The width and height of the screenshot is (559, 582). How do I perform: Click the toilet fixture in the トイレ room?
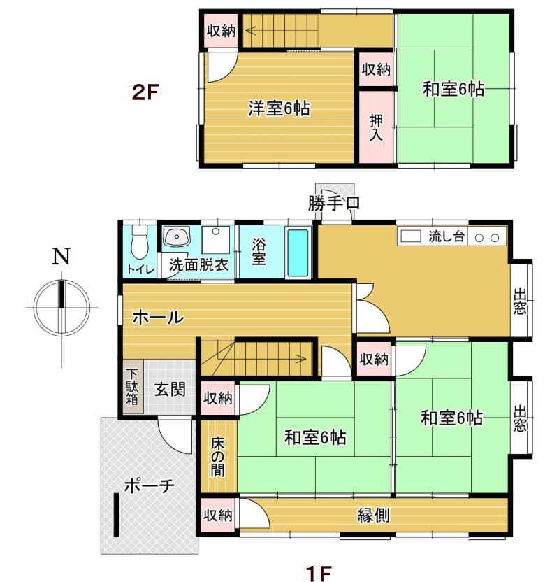click(x=140, y=241)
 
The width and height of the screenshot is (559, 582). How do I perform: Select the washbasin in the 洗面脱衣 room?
click(x=177, y=236)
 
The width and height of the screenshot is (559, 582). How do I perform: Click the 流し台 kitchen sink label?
click(x=447, y=236)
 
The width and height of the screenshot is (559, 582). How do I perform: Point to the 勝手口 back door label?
click(x=334, y=203)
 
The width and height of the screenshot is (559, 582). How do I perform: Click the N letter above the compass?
click(x=61, y=257)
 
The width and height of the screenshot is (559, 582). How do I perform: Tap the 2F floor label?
click(x=145, y=92)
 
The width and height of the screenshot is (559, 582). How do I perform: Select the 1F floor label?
click(x=319, y=574)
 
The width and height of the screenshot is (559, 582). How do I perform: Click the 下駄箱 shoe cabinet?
click(x=133, y=386)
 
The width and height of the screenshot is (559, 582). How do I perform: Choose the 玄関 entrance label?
click(x=170, y=390)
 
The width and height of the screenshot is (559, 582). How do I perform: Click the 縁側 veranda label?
click(x=373, y=516)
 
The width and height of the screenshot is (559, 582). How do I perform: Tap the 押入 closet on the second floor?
click(x=376, y=127)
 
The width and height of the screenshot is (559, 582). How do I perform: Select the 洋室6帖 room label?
click(x=279, y=108)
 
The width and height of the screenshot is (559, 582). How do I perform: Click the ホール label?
click(x=158, y=318)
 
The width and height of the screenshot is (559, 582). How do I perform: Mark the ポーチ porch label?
click(x=149, y=486)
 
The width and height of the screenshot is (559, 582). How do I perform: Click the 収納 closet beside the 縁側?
click(x=217, y=515)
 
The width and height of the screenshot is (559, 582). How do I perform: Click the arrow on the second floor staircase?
click(x=282, y=31)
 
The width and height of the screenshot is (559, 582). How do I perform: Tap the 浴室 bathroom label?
click(x=259, y=252)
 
